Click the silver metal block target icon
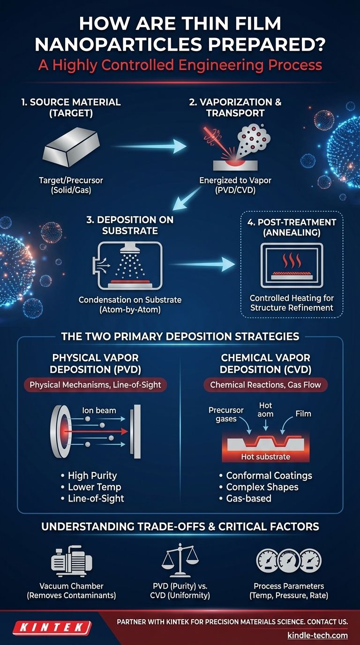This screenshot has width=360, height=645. (71, 148)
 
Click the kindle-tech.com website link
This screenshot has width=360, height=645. (317, 635)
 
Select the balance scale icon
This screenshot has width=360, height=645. (180, 560)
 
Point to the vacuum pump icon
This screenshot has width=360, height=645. (71, 561)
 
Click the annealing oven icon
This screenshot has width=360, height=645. (292, 265)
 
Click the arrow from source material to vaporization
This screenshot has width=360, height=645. (149, 146)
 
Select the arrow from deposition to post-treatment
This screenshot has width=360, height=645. (202, 264)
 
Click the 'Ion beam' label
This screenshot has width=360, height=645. (99, 410)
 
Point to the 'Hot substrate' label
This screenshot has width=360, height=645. (265, 457)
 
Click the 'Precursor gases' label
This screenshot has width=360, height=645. (226, 414)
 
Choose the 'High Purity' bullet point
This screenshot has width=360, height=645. (89, 475)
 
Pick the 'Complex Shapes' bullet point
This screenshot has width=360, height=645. (259, 487)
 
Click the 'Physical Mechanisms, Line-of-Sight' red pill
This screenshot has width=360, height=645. (95, 385)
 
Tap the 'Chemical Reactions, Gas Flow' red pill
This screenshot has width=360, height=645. (265, 385)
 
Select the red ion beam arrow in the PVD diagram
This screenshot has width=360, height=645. (95, 431)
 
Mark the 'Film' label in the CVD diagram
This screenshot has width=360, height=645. (303, 414)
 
